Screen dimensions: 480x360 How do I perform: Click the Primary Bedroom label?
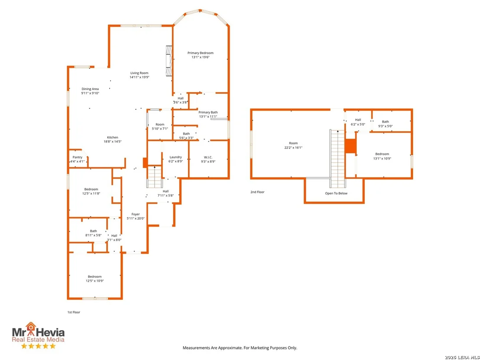pyautogui.click(x=201, y=53)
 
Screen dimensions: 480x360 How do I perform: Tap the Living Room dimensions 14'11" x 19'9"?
pyautogui.click(x=139, y=77)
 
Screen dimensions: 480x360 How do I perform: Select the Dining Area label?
pyautogui.click(x=90, y=89)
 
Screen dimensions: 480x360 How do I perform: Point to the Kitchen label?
pyautogui.click(x=113, y=137)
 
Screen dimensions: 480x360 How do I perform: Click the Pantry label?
pyautogui.click(x=78, y=157)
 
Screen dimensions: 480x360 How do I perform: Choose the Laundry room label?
pyautogui.click(x=176, y=157)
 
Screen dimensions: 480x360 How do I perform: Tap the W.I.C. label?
pyautogui.click(x=208, y=157)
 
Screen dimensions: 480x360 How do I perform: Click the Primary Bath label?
pyautogui.click(x=208, y=112)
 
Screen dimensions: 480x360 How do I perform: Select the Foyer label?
pyautogui.click(x=136, y=214)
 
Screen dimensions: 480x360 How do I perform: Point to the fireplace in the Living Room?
pyautogui.click(x=169, y=60)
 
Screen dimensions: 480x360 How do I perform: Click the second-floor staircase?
pyautogui.click(x=337, y=159)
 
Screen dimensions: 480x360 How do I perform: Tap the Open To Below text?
pyautogui.click(x=336, y=193)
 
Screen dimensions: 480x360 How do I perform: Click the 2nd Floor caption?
pyautogui.click(x=257, y=192)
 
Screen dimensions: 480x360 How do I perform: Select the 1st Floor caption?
pyautogui.click(x=74, y=312)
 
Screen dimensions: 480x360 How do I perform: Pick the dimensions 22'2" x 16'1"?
pyautogui.click(x=293, y=148)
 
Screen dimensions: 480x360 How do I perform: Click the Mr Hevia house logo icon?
pyautogui.click(x=31, y=327)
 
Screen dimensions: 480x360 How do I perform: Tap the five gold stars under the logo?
pyautogui.click(x=38, y=346)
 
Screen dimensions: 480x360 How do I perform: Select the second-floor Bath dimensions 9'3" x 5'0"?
pyautogui.click(x=386, y=126)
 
